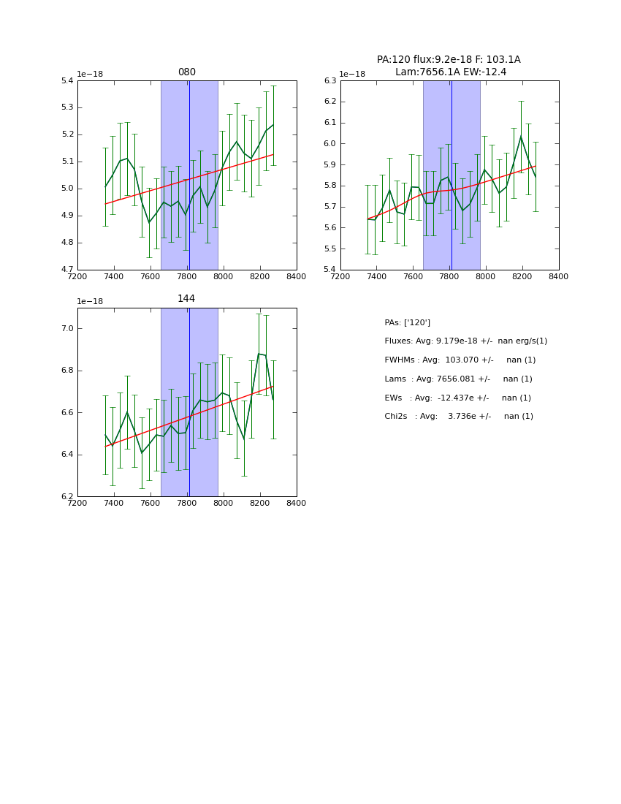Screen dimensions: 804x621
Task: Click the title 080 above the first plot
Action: (186, 72)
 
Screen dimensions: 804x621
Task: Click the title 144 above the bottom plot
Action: (186, 299)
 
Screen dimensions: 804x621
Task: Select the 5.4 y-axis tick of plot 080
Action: (67, 80)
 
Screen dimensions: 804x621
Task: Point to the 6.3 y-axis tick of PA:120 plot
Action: (329, 80)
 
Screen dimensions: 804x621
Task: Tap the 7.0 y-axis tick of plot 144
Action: (67, 329)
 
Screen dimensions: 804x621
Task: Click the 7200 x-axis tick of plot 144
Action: (77, 503)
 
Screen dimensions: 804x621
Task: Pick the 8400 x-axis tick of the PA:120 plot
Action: (559, 276)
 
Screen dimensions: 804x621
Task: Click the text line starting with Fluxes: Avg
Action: (465, 341)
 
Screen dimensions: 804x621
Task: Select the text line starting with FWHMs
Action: (460, 360)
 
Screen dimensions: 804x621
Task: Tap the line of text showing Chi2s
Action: (460, 417)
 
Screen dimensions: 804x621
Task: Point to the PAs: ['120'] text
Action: (407, 322)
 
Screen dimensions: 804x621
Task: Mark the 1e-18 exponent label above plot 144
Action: (90, 301)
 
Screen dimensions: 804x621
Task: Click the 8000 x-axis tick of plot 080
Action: (224, 276)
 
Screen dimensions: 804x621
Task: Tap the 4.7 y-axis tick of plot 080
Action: (67, 270)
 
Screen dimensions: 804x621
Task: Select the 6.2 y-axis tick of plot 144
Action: (67, 497)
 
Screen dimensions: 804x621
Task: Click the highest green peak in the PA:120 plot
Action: (521, 136)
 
